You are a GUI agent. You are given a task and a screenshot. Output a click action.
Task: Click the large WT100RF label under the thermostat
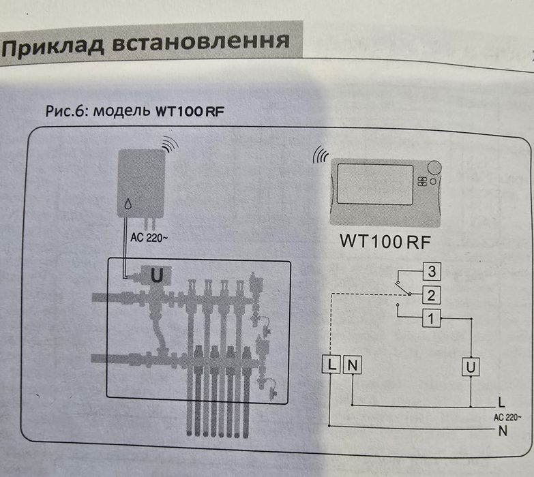(387, 241)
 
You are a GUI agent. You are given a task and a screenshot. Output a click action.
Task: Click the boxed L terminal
(330, 365)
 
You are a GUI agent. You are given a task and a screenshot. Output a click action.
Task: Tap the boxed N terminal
(353, 365)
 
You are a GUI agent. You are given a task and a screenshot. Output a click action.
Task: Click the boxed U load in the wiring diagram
(470, 367)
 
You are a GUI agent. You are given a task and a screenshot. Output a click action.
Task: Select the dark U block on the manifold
(156, 276)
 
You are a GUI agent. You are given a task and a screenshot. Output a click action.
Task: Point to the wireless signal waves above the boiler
(170, 145)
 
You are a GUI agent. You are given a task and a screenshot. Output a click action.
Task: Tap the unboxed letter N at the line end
(503, 431)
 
